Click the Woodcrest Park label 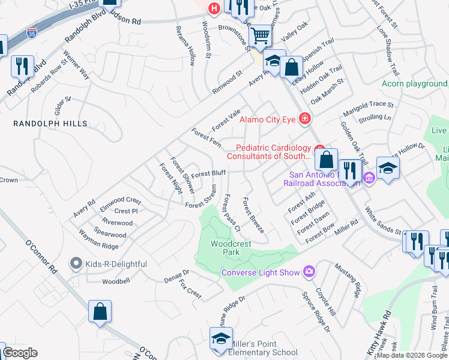pos(225,248)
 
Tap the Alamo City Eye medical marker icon pos(305,119)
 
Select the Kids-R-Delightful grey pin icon pos(75,263)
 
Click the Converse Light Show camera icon pos(309,272)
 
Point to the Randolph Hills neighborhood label pos(51,124)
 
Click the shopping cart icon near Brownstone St pos(259,36)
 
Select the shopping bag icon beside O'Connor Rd pos(100,312)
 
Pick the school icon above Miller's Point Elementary pos(220,339)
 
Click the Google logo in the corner pos(20,353)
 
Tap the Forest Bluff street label pos(208,173)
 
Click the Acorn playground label pos(415,83)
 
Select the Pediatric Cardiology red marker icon pos(319,148)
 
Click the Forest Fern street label pos(206,137)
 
